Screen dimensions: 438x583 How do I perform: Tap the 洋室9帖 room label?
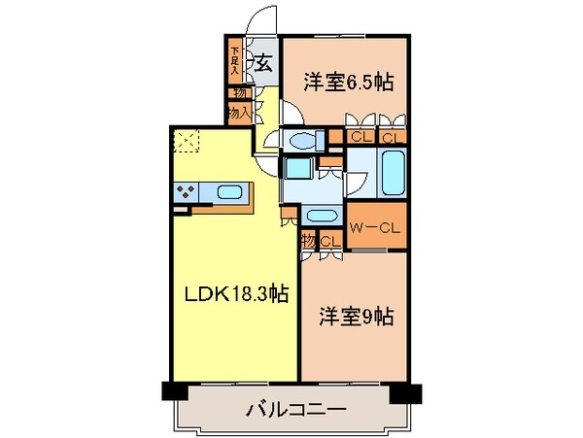pos(357,318)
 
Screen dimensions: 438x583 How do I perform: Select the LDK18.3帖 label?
pos(234,293)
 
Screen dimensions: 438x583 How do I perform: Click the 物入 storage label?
pos(239,112)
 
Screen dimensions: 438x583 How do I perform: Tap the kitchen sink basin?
pos(230,191)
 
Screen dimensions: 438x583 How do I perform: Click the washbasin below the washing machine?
pos(319,214)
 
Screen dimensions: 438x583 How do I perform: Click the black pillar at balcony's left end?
pos(173,392)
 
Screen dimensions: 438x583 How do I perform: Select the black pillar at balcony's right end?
pos(407,392)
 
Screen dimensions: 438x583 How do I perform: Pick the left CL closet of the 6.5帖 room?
pos(358,138)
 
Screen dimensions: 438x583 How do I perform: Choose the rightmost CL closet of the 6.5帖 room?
pos(390,138)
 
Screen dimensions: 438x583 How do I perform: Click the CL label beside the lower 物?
pos(328,241)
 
